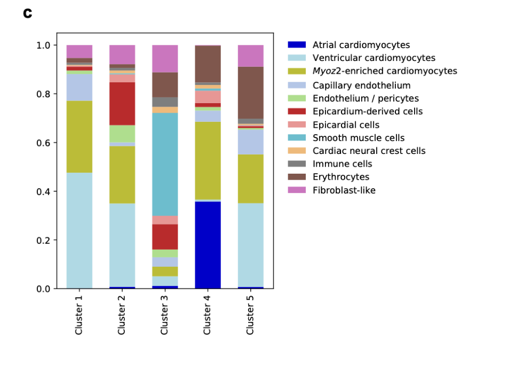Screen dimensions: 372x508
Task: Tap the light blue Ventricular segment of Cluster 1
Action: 79,230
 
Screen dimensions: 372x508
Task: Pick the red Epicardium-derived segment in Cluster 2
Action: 122,104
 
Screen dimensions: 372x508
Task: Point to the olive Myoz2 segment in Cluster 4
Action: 208,160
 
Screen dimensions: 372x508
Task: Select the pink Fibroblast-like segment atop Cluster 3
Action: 165,58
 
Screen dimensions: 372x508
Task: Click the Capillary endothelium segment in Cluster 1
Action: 79,87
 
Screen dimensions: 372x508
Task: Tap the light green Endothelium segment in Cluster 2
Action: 122,134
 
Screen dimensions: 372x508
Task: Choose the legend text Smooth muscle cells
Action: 359,138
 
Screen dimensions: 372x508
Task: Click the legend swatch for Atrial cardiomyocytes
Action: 296,45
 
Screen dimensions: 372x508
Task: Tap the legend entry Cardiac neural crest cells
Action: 369,151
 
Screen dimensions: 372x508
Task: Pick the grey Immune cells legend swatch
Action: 296,164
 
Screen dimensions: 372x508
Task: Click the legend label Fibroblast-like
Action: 344,190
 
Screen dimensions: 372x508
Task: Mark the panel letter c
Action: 28,13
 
